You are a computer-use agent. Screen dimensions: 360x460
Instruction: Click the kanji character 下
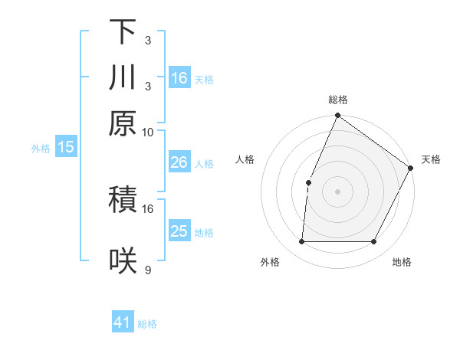coord(123,33)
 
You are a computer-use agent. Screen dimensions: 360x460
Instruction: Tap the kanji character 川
coord(123,78)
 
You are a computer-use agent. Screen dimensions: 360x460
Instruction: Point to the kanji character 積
coord(123,201)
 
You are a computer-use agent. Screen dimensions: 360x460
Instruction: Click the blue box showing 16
coord(179,78)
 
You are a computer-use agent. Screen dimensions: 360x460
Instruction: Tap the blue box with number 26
coord(179,162)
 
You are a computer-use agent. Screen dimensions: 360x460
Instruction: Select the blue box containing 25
coord(179,231)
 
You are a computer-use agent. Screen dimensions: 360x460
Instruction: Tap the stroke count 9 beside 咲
coord(148,270)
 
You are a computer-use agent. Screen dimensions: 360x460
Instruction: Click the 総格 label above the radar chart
coord(337,100)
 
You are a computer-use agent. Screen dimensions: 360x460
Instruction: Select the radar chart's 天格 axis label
coord(431,159)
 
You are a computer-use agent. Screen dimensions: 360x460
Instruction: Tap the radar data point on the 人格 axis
coord(308,182)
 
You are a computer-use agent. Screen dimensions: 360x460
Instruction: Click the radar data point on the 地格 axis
coord(374,242)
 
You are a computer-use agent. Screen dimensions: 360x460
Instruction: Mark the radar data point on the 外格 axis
coord(301,242)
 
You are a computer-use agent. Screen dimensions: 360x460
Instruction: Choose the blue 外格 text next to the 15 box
coord(41,149)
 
